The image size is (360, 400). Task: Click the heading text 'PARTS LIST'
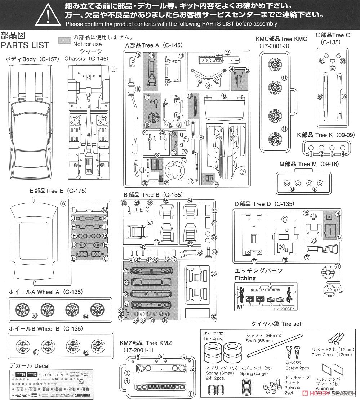pos(25,45)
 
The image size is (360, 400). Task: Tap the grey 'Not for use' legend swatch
pos(65,40)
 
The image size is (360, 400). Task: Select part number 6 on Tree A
pos(224,96)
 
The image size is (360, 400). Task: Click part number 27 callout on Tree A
pos(183,161)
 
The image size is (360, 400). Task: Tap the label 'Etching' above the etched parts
pos(245,278)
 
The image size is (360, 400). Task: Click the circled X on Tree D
pos(281,247)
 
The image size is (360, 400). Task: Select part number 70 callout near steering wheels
pos(341,289)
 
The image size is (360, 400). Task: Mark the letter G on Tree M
pos(292,189)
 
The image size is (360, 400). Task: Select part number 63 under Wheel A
pos(35,315)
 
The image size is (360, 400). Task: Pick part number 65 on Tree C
pos(343,96)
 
